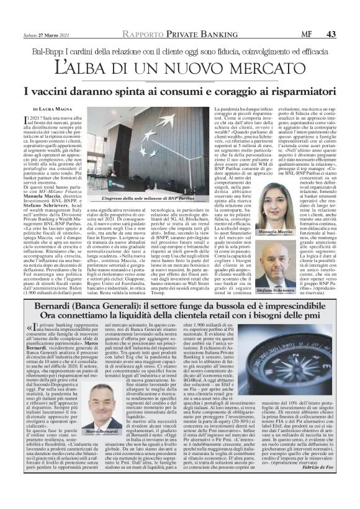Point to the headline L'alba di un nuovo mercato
pos(180,65)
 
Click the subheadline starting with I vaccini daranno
pos(180,91)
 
